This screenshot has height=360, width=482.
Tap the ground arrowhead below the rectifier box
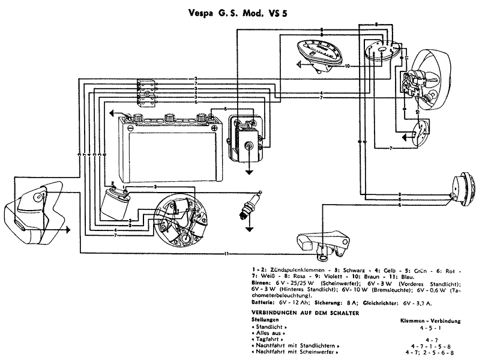click(249, 170)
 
